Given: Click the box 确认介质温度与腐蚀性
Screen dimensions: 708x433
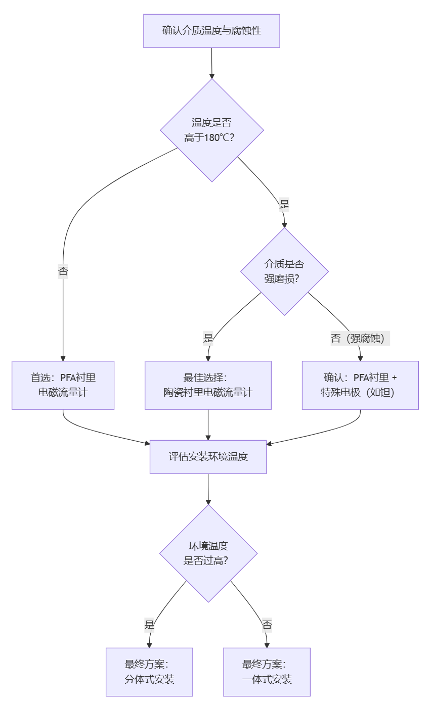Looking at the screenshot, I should (211, 31).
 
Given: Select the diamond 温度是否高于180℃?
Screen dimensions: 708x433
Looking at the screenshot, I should (212, 130).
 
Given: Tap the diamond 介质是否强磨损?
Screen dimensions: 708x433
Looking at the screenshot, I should (284, 271).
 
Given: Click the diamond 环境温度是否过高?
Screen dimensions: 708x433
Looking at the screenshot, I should (208, 553).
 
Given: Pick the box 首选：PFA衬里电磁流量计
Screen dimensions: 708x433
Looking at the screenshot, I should (63, 385).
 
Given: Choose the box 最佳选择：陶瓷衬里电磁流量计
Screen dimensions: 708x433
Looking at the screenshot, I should (208, 385).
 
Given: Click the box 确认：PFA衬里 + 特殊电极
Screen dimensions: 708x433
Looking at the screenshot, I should (360, 385).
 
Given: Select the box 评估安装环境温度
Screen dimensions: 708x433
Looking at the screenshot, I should (208, 457).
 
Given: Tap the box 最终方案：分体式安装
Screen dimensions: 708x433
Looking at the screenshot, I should (149, 672).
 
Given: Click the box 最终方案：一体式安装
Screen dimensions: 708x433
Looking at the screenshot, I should (267, 672).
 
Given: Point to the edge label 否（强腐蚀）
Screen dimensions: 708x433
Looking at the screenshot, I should (360, 339).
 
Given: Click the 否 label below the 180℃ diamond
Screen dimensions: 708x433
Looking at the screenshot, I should (63, 271).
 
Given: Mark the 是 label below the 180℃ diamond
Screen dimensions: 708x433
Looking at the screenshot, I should (284, 204).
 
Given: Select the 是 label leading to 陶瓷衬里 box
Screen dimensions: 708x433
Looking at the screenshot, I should (208, 339).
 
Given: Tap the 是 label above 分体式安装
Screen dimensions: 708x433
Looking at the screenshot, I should (149, 625).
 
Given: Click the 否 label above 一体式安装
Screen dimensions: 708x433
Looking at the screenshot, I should (267, 625).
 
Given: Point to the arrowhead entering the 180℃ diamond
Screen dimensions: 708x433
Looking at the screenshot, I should (212, 75).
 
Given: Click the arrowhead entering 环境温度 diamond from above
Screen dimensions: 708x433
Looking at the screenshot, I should (208, 501).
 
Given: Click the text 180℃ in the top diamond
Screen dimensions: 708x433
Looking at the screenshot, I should (217, 137).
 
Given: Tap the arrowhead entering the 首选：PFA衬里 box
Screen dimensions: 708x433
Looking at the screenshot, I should (63, 358).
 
